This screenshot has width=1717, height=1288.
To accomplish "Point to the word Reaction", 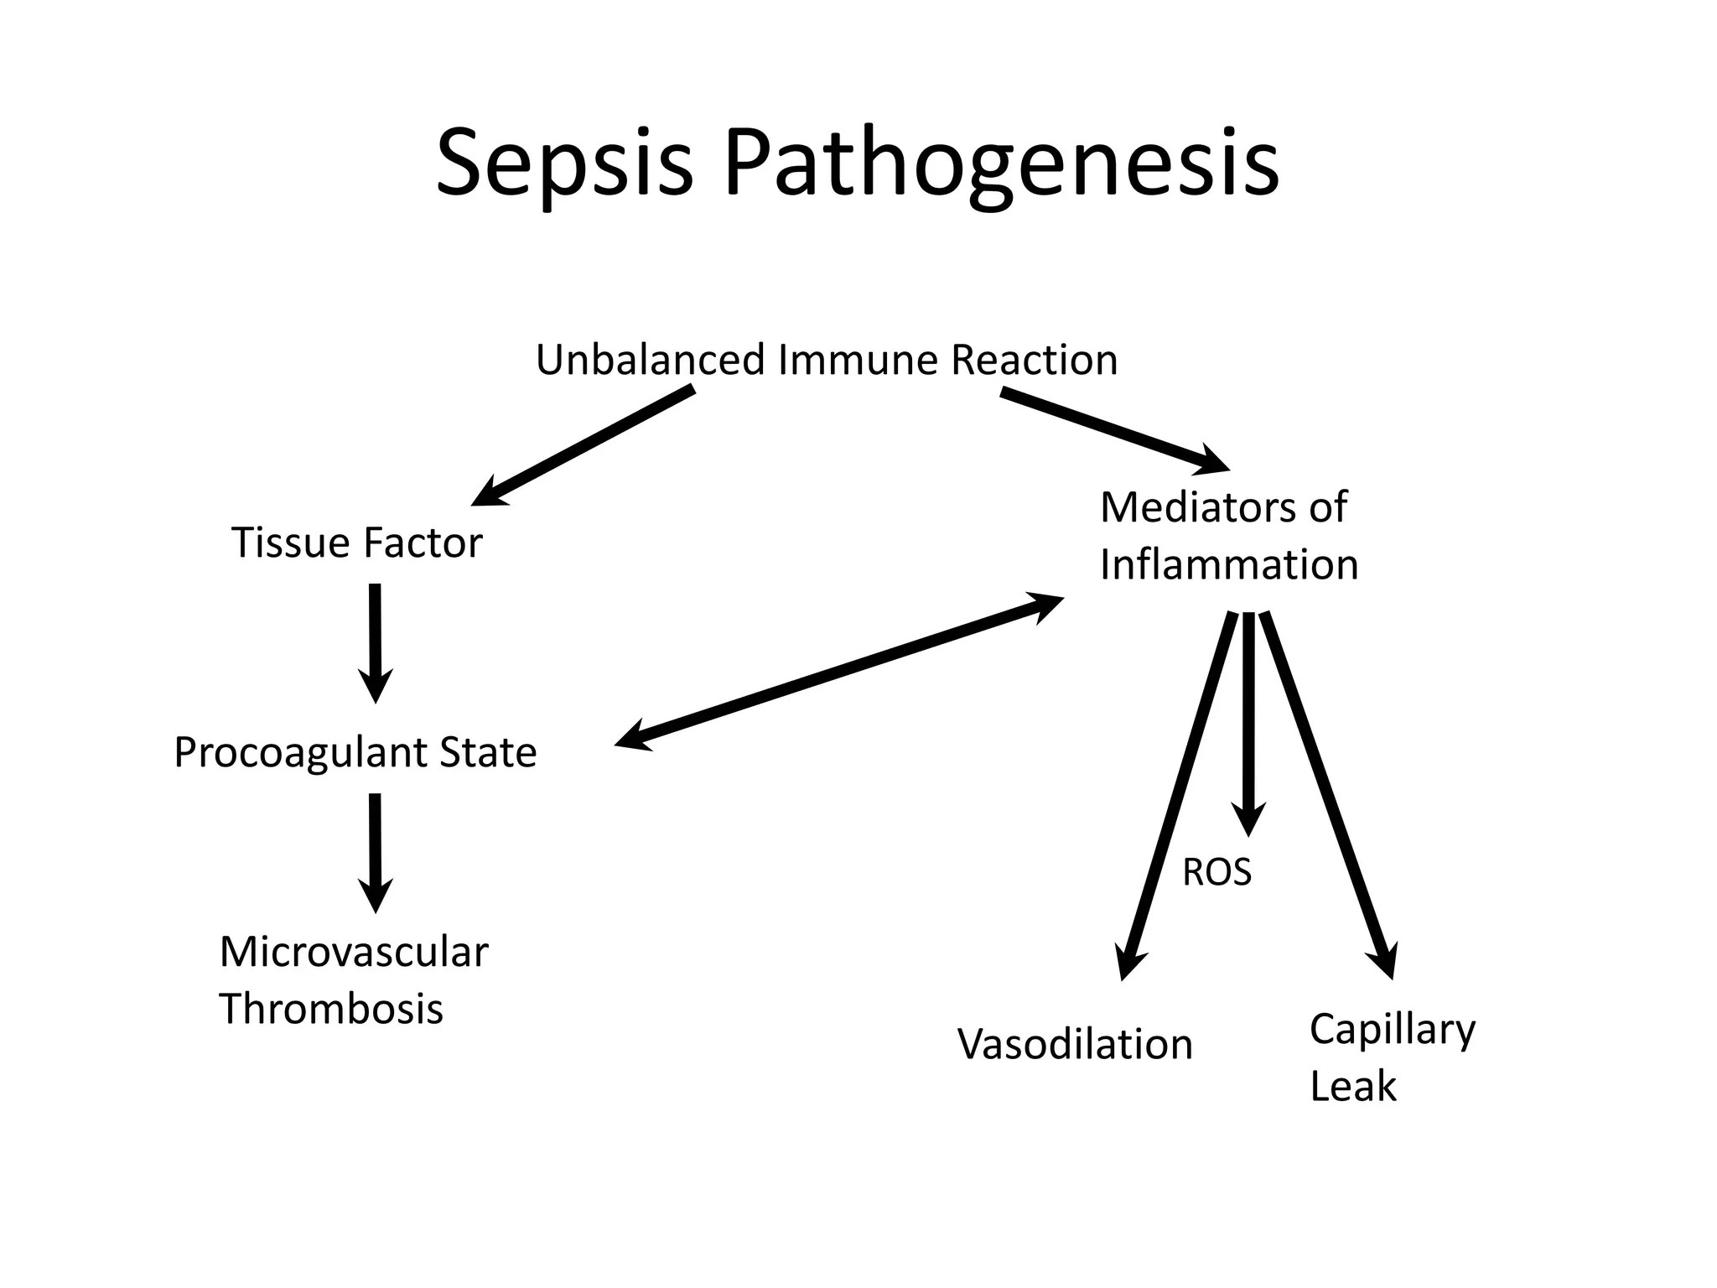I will click(x=1034, y=361).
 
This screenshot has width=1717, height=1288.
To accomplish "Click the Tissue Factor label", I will click(x=356, y=543).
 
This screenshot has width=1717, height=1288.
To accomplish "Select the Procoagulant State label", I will click(x=355, y=752).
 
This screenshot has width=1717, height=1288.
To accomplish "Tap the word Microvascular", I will click(x=353, y=953).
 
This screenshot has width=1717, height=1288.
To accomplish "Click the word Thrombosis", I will click(x=331, y=1009).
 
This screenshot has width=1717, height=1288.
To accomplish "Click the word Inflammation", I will click(x=1228, y=564).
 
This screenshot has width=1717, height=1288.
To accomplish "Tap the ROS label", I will click(x=1216, y=873).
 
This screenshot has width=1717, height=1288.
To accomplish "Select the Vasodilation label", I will click(x=1075, y=1045).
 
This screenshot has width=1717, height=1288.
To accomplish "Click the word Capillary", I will click(x=1392, y=1030).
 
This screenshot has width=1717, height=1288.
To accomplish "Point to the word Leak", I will click(x=1352, y=1087).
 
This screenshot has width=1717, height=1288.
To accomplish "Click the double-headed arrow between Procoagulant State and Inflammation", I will click(x=839, y=671).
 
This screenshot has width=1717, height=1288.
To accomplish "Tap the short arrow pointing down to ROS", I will click(x=1248, y=721).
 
